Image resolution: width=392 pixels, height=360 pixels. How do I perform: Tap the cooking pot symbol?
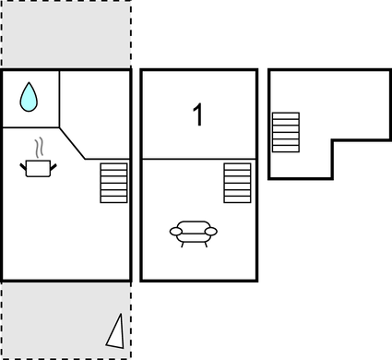(x=38, y=168)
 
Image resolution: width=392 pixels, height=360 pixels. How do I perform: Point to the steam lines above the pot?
(x=38, y=148)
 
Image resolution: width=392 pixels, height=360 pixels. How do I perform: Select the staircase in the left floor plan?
(x=113, y=183)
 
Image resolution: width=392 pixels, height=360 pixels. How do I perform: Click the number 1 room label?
(x=197, y=115)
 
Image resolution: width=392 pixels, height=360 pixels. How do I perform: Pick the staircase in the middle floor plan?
(x=237, y=183)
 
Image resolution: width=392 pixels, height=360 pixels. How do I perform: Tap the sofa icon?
(x=194, y=233)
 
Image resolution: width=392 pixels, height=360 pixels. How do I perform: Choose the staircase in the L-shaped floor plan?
(x=286, y=132)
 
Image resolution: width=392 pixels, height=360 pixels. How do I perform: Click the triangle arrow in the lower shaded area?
(x=116, y=331)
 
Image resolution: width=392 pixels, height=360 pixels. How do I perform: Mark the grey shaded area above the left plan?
(x=65, y=35)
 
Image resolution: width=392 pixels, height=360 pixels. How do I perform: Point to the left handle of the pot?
(x=23, y=165)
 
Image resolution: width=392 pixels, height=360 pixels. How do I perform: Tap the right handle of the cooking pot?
(x=53, y=165)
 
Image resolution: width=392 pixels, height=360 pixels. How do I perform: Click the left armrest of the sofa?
(x=174, y=231)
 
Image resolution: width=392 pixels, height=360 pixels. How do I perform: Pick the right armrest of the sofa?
(x=212, y=231)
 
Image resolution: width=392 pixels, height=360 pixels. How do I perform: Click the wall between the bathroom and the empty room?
(x=60, y=98)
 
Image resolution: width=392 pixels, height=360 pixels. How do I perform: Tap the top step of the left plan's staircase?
(x=113, y=167)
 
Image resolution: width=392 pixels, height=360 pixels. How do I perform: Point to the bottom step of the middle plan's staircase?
(x=237, y=198)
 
